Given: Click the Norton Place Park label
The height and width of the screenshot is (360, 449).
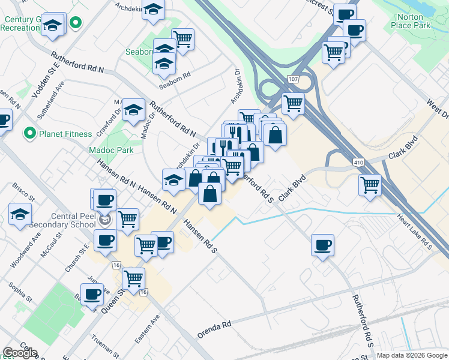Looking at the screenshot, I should pyautogui.click(x=410, y=22).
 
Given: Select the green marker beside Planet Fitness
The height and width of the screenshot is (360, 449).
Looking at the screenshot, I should pyautogui.click(x=28, y=133).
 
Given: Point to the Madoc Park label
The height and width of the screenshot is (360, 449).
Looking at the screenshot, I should pyautogui.click(x=111, y=150).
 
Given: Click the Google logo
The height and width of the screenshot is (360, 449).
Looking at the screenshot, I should pyautogui.click(x=20, y=353).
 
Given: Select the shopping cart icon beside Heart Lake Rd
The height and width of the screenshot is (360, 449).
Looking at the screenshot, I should pyautogui.click(x=370, y=184).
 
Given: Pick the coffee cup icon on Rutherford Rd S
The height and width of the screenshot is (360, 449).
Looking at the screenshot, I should pyautogui.click(x=322, y=244).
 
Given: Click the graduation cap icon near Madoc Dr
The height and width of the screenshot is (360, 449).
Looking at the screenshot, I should pyautogui.click(x=133, y=109).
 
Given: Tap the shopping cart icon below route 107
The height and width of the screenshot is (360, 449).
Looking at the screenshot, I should pyautogui.click(x=293, y=103).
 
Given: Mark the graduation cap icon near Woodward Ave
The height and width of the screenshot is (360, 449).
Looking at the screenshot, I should pyautogui.click(x=20, y=213).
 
